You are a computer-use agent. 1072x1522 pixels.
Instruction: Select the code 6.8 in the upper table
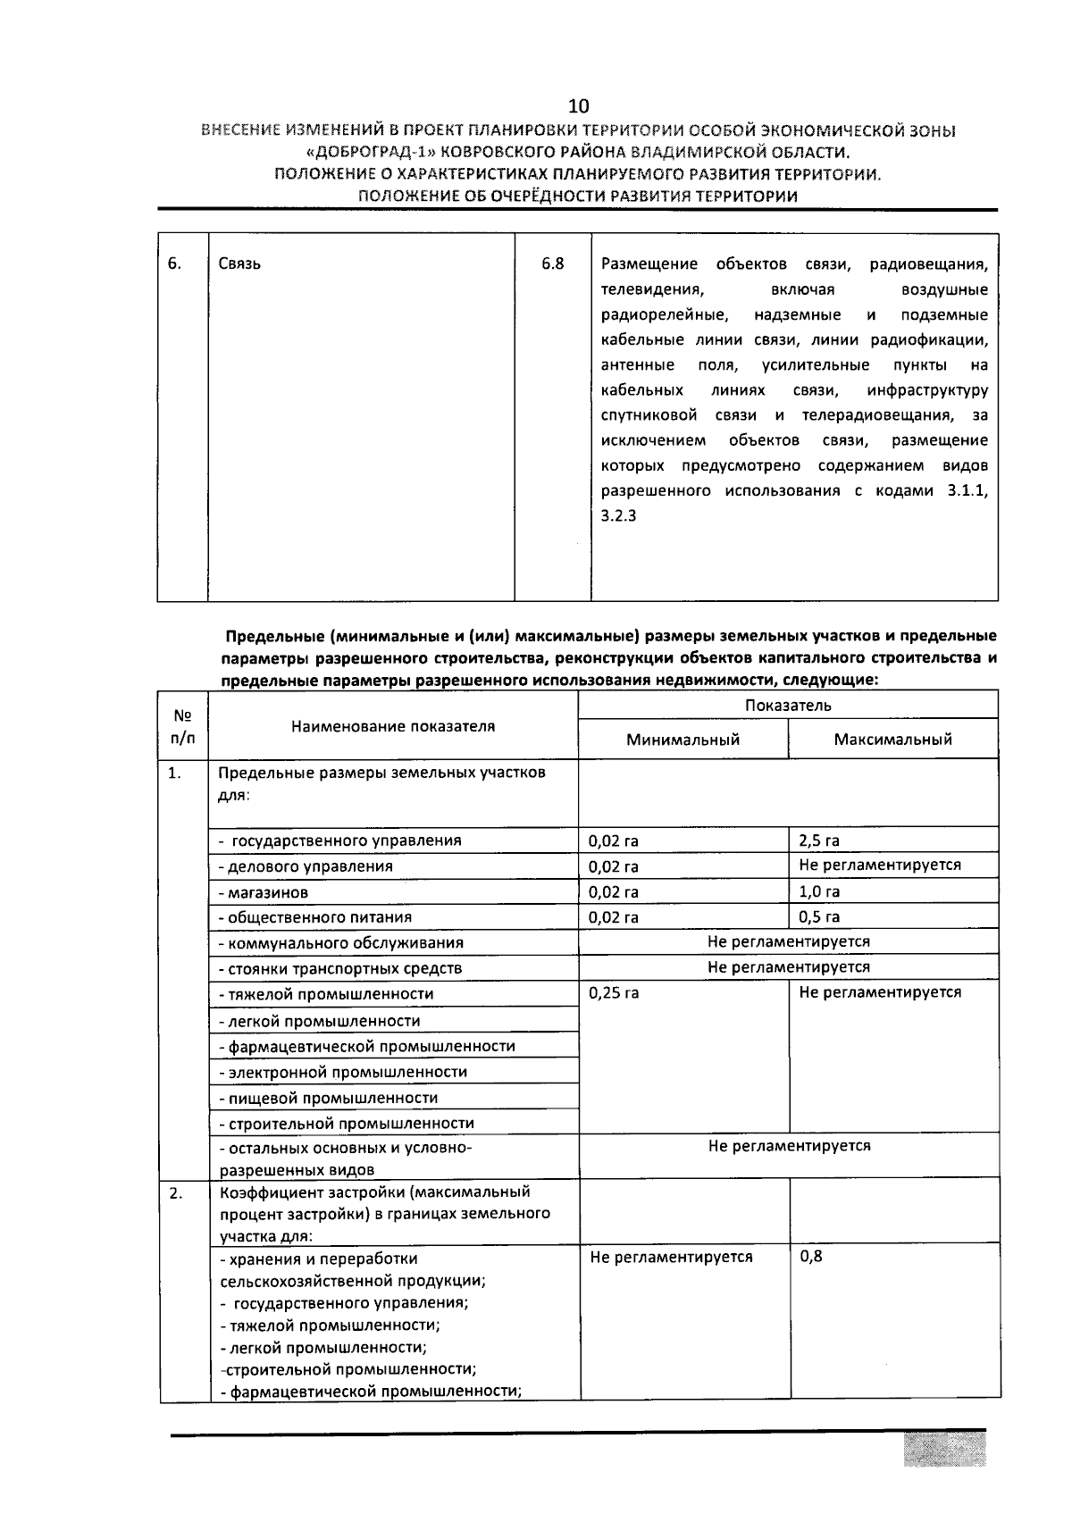click(x=552, y=263)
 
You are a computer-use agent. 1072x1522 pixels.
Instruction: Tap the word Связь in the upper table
click(x=239, y=264)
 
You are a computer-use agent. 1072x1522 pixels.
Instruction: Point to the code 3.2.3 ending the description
click(x=618, y=516)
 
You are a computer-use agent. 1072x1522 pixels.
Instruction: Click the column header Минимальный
click(x=683, y=740)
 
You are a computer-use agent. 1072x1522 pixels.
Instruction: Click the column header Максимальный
click(x=892, y=740)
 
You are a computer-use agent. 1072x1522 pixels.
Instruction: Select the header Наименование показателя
click(x=393, y=726)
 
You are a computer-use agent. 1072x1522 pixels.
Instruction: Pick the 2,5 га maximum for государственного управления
click(x=819, y=840)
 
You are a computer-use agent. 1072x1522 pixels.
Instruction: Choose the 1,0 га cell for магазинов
click(x=819, y=891)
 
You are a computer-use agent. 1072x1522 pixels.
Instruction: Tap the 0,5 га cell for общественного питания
click(x=819, y=917)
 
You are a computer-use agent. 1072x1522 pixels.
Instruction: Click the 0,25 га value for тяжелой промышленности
click(x=614, y=992)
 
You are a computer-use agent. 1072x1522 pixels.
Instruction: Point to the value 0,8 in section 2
click(x=810, y=1257)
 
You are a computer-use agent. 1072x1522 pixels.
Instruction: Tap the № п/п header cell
click(x=183, y=726)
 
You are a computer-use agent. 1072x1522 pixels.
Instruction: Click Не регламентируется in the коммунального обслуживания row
click(x=788, y=941)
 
